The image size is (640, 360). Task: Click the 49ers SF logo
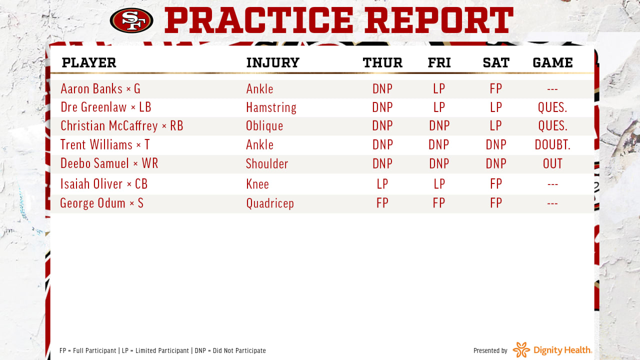(x=131, y=20)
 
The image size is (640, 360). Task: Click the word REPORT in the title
(x=439, y=20)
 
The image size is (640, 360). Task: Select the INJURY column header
(x=273, y=63)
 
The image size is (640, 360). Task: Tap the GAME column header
(x=552, y=63)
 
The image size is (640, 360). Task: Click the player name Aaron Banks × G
(x=100, y=88)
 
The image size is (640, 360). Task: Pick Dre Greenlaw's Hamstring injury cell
(x=271, y=107)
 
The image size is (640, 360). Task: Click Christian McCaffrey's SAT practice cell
(x=495, y=125)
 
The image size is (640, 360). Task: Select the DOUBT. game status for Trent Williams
(x=552, y=144)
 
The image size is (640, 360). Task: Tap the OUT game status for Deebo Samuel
(x=552, y=163)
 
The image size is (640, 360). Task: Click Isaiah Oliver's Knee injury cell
(x=257, y=184)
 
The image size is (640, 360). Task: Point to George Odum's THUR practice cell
(x=382, y=203)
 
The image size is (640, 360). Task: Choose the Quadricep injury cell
(x=270, y=203)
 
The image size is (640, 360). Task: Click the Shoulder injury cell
(x=267, y=163)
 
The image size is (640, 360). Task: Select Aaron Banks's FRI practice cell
(x=439, y=88)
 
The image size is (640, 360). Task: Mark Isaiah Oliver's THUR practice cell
(x=382, y=184)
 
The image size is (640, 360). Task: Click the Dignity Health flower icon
(x=521, y=349)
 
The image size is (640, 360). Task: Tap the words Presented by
(x=490, y=350)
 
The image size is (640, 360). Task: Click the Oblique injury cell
(x=264, y=126)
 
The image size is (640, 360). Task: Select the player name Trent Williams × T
(x=105, y=144)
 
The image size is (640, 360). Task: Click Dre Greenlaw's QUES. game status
(x=552, y=107)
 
